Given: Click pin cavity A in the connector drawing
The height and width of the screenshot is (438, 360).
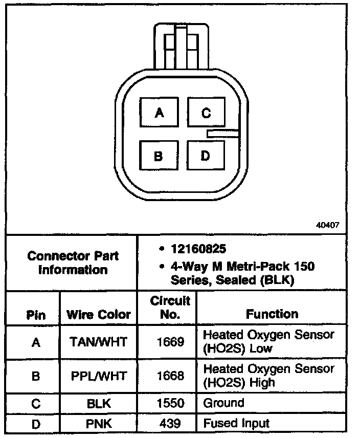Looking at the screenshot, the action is point(159,113).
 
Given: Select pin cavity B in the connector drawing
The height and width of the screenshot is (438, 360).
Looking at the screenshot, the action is point(159,156).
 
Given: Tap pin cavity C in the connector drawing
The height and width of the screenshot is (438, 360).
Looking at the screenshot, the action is point(206,113).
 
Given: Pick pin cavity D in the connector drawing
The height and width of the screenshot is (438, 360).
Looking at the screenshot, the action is point(206,156).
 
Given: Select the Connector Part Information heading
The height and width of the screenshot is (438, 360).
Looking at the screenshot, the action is point(73,262).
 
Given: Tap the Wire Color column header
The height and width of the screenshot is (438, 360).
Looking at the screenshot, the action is point(99,314).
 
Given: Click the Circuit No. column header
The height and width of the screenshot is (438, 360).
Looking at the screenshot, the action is point(170,308).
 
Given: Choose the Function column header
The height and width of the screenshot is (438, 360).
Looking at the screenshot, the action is point(272,314).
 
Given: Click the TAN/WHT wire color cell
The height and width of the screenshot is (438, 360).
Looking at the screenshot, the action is point(99,342).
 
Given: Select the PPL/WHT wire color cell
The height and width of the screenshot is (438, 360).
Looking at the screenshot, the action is point(99,376).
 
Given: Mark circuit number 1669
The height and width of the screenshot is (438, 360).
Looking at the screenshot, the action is point(170,342).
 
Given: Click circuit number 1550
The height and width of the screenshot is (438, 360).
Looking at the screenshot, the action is point(170,403).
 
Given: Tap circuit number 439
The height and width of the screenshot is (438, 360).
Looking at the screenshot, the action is point(170,423).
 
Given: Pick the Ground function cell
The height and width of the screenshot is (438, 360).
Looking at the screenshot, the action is point(224,403).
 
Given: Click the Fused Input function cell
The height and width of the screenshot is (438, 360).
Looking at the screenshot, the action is point(236,423).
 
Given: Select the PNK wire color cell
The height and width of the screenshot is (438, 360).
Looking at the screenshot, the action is point(99,423).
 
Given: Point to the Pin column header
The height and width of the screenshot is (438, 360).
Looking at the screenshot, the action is point(35,314).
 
